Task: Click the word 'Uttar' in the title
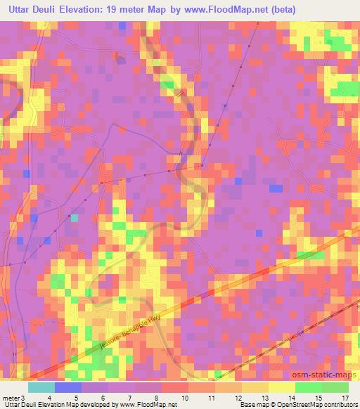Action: coord(23,10)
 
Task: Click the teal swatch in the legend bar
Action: coord(41,387)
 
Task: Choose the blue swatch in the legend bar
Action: coord(67,387)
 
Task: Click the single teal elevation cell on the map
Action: coord(74,218)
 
